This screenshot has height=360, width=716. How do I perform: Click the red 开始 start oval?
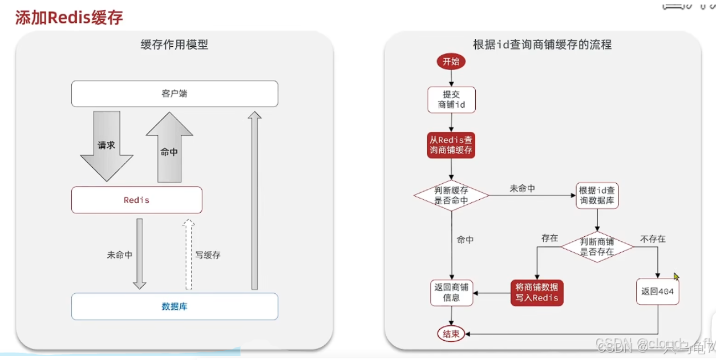[451, 62]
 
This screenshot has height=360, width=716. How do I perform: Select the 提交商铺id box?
[451, 100]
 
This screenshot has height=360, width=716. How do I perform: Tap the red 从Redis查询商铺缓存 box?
[451, 145]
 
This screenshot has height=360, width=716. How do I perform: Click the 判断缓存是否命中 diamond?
[451, 196]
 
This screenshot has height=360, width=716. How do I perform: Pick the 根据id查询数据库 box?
[597, 196]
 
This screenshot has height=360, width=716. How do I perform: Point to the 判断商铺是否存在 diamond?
[597, 246]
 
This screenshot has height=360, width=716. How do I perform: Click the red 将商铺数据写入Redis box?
[536, 292]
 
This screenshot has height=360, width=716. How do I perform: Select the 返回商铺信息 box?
[451, 292]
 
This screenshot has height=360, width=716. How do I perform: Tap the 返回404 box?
[657, 292]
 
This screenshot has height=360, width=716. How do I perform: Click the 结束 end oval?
[451, 334]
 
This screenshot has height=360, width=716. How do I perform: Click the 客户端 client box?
[175, 94]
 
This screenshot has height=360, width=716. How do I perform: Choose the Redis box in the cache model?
[137, 200]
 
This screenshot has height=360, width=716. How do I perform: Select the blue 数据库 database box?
[175, 306]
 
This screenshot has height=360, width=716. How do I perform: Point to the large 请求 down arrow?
[107, 145]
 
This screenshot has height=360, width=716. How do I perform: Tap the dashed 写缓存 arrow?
[189, 254]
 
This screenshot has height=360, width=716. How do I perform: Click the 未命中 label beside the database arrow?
[119, 255]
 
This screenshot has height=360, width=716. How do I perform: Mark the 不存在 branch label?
[653, 239]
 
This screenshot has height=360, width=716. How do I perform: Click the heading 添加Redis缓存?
[68, 17]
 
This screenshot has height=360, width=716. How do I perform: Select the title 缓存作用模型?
[175, 45]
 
